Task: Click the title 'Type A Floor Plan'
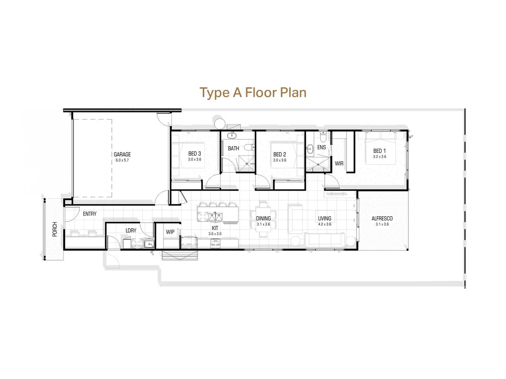(253, 93)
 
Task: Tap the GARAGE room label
(122, 154)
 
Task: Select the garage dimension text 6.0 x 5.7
(122, 160)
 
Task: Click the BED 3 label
(194, 154)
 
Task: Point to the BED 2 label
(279, 154)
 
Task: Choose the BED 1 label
(379, 151)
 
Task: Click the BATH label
(233, 148)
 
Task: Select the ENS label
(321, 147)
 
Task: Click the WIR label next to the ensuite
(339, 164)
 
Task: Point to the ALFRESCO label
(382, 218)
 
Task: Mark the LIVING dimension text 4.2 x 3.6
(324, 224)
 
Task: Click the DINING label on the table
(263, 218)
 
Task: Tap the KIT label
(215, 228)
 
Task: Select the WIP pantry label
(170, 232)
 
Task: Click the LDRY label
(131, 231)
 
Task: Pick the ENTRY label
(90, 214)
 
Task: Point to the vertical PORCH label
(55, 229)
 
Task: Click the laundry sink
(149, 244)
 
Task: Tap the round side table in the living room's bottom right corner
(350, 241)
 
